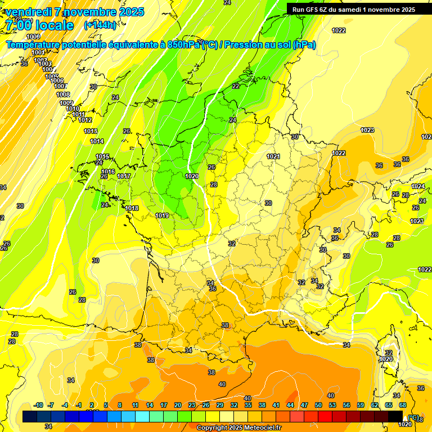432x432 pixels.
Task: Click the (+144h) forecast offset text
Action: [100, 25]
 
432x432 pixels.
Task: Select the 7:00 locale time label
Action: [39, 25]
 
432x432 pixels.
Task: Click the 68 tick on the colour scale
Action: [403, 405]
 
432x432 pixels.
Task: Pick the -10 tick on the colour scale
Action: [38, 405]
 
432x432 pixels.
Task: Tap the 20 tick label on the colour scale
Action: [178, 405]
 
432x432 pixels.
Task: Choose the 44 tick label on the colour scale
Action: [290, 405]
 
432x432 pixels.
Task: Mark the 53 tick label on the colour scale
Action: [332, 405]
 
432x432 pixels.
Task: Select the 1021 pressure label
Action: [273, 156]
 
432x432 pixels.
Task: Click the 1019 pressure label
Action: [163, 215]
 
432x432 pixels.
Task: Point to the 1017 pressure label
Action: [124, 177]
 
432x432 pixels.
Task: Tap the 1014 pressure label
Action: [97, 141]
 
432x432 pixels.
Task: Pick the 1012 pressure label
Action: [85, 120]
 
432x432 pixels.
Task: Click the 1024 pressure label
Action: [418, 186]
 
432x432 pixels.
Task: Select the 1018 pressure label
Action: [132, 208]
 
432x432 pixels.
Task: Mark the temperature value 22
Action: [236, 86]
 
